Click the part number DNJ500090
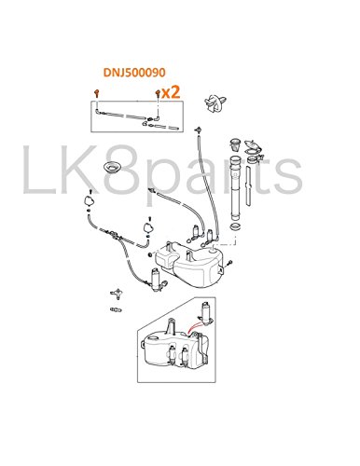click(134, 73)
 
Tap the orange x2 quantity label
click(171, 92)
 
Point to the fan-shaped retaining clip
click(215, 103)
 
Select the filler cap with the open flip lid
click(253, 148)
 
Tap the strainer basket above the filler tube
click(235, 144)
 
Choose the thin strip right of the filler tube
click(248, 185)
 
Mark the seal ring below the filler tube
click(235, 226)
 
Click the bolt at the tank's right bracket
click(229, 264)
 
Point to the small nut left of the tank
click(150, 254)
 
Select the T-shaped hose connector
click(117, 293)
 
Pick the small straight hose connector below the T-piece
click(116, 309)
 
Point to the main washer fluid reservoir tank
click(189, 264)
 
